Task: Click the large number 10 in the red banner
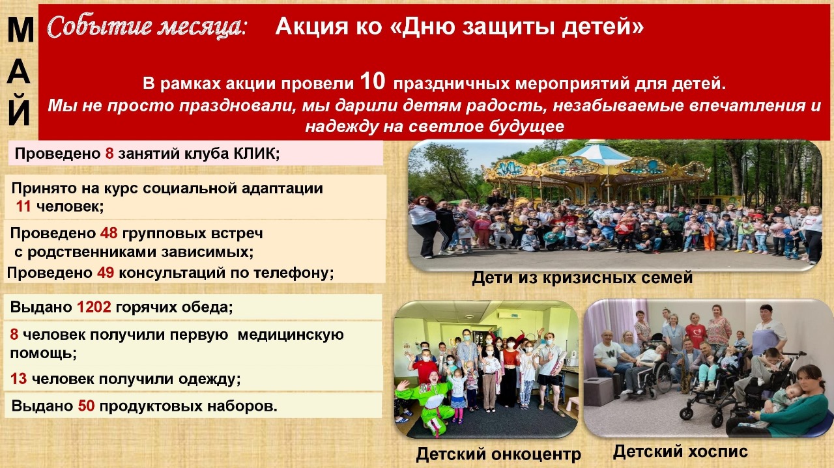point(373,81)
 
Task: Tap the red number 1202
point(94,307)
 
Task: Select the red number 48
point(109,233)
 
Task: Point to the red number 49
point(106,273)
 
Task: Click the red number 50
point(87,406)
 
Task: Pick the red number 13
point(18,379)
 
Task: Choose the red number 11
point(23,206)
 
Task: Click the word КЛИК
point(256,153)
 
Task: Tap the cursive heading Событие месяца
point(147,27)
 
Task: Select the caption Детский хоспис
point(680,452)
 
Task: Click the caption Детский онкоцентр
point(498,454)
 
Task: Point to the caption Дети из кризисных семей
point(582,277)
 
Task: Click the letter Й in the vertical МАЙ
point(19,110)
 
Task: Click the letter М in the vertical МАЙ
point(20,30)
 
